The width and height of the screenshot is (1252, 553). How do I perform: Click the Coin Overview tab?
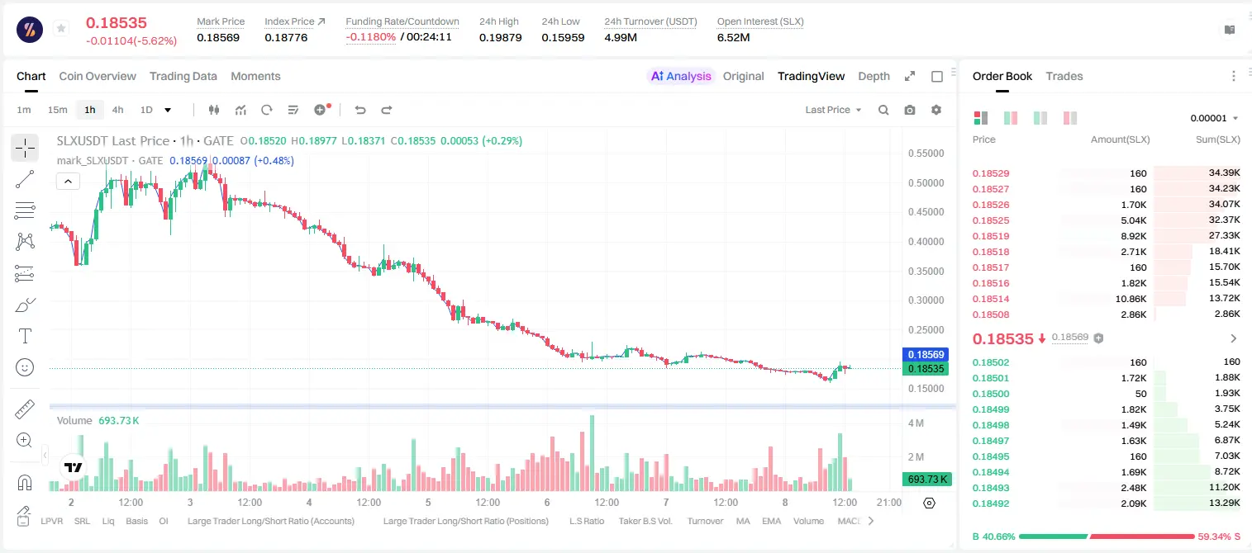point(98,76)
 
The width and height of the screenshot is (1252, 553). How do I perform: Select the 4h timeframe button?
point(117,110)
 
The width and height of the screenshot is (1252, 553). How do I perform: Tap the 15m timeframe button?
point(57,110)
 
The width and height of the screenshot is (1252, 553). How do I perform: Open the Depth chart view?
point(874,76)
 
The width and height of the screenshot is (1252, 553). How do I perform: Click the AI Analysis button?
point(681,76)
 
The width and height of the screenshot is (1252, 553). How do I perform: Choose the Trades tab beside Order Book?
point(1064,76)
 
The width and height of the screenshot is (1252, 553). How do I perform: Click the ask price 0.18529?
point(990,173)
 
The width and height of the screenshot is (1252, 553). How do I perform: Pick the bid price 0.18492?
point(990,503)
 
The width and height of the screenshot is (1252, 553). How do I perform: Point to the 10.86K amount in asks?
point(1131,299)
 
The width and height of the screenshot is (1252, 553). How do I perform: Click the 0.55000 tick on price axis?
point(926,154)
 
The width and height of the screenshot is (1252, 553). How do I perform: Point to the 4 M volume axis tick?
point(916,423)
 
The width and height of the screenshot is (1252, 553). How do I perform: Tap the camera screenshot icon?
point(910,110)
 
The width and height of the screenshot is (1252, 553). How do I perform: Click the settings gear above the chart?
point(936,110)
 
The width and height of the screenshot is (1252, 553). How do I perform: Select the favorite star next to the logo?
point(61,28)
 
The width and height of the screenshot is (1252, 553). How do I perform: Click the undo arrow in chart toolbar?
point(360,110)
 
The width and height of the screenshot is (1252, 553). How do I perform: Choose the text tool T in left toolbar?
point(25,336)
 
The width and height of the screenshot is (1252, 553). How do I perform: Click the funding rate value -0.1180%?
point(370,37)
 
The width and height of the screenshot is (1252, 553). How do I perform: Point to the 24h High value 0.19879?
point(500,37)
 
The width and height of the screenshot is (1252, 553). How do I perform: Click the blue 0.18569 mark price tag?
point(926,354)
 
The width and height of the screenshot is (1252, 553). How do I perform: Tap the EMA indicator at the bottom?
point(771,521)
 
